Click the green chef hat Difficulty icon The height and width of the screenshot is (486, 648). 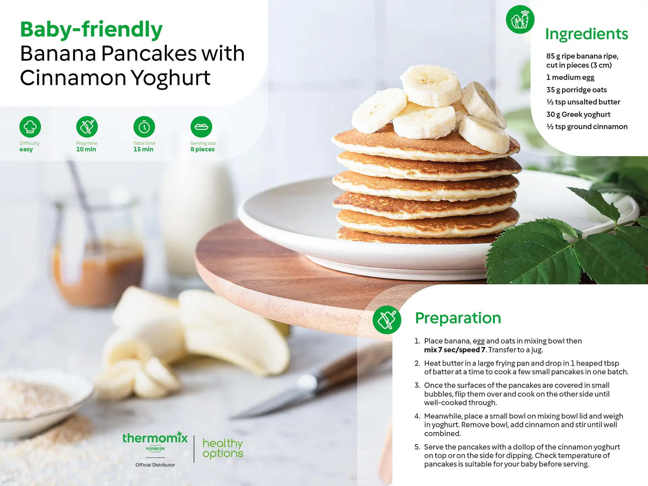(x=30, y=127)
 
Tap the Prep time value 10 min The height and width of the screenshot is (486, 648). (x=86, y=149)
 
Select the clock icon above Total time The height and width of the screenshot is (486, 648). (x=144, y=127)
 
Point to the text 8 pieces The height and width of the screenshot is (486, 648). (x=202, y=149)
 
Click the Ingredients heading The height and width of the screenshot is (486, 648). (x=587, y=34)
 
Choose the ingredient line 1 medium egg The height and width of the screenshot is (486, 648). (x=570, y=77)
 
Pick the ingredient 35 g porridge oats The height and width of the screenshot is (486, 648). (x=576, y=90)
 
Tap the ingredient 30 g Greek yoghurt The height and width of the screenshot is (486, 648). (x=578, y=114)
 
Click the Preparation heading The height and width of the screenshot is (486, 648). (x=458, y=318)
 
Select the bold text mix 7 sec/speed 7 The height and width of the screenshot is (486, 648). (x=455, y=350)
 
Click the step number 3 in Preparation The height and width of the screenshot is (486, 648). (x=417, y=385)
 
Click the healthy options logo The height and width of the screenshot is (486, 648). (x=223, y=448)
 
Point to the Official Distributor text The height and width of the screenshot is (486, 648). (x=155, y=465)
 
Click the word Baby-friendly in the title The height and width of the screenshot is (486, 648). (x=91, y=29)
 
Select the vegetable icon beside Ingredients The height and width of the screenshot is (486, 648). (x=520, y=19)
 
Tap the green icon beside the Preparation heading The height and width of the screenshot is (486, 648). (x=387, y=320)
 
